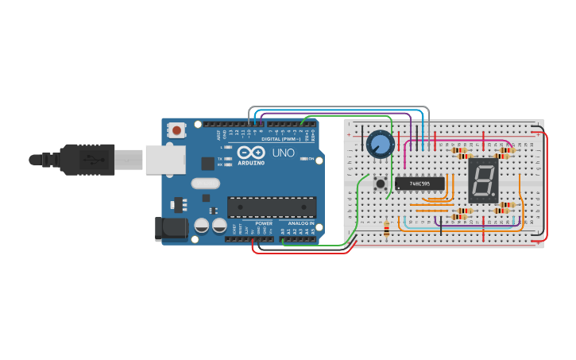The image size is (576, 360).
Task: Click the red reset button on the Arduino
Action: (x=176, y=128)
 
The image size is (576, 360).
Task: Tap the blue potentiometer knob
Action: (x=381, y=143)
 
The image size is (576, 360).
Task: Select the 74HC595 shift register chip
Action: (x=419, y=184)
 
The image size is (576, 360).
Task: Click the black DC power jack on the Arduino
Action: (x=171, y=228)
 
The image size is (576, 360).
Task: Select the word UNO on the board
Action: (x=284, y=153)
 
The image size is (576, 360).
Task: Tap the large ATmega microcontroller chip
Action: (x=272, y=207)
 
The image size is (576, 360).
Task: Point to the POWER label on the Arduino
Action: (x=264, y=223)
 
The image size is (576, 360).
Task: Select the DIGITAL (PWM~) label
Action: (x=280, y=139)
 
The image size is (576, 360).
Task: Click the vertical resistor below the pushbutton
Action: (x=387, y=230)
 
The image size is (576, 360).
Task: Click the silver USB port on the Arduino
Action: (x=164, y=160)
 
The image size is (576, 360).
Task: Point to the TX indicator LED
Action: (x=229, y=159)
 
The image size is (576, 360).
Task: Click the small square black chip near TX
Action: (x=208, y=164)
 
